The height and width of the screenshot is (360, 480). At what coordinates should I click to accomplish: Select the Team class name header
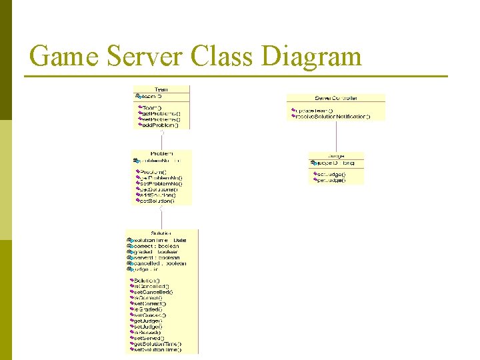pyautogui.click(x=161, y=89)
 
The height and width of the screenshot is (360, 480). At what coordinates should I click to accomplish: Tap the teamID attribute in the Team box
pyautogui.click(x=153, y=96)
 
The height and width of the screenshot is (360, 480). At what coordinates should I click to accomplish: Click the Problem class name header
pyautogui.click(x=161, y=153)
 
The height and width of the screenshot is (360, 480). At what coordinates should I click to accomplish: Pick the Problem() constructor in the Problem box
pyautogui.click(x=153, y=172)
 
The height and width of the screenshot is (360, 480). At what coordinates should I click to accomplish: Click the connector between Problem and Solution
pyautogui.click(x=161, y=217)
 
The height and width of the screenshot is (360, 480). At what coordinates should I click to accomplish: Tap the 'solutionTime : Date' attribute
pyautogui.click(x=159, y=240)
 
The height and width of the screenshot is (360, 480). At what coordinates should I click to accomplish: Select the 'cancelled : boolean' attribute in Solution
pyautogui.click(x=159, y=263)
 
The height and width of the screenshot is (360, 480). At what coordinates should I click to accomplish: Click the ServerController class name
pyautogui.click(x=336, y=98)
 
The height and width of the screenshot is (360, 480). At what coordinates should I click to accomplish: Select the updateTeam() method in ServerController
pyautogui.click(x=314, y=110)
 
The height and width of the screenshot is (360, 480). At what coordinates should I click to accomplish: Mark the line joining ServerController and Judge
pyautogui.click(x=337, y=136)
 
